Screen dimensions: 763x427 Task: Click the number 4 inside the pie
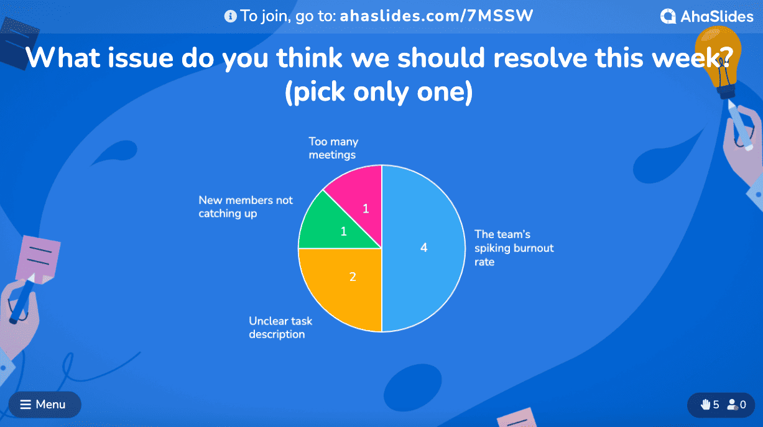423,247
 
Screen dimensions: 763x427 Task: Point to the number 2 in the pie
353,277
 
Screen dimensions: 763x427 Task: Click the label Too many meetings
333,148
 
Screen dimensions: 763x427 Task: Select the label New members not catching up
246,207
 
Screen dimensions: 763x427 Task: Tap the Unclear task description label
280,328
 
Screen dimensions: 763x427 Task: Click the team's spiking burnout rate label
514,248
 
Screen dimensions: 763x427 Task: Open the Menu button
45,405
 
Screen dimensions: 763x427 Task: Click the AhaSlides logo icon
668,16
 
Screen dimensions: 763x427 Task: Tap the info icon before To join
231,16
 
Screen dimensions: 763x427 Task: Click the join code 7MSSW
500,16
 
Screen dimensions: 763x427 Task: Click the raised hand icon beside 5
705,405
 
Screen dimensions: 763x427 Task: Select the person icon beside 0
732,405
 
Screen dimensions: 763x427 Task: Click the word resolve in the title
540,58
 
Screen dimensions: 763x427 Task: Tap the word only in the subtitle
381,92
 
